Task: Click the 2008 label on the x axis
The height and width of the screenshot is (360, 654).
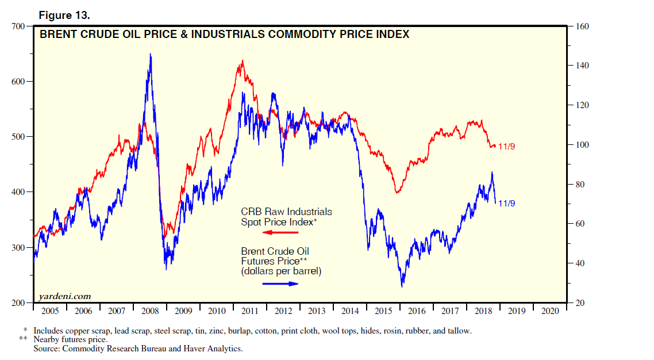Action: pyautogui.click(x=150, y=311)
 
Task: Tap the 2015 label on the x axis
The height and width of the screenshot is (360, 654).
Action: pyautogui.click(x=383, y=311)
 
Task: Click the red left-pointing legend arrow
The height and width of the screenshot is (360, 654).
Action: pyautogui.click(x=280, y=232)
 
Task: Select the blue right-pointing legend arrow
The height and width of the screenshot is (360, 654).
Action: pyautogui.click(x=280, y=284)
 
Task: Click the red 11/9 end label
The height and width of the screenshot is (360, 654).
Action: pyautogui.click(x=507, y=147)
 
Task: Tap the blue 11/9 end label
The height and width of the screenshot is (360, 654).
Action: pyautogui.click(x=507, y=203)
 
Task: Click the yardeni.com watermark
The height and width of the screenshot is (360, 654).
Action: pyautogui.click(x=64, y=296)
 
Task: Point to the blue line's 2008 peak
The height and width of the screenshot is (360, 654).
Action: pyautogui.click(x=151, y=54)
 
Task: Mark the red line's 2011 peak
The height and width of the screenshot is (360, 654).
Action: pyautogui.click(x=242, y=60)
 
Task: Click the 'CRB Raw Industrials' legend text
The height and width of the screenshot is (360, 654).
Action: pyautogui.click(x=286, y=212)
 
